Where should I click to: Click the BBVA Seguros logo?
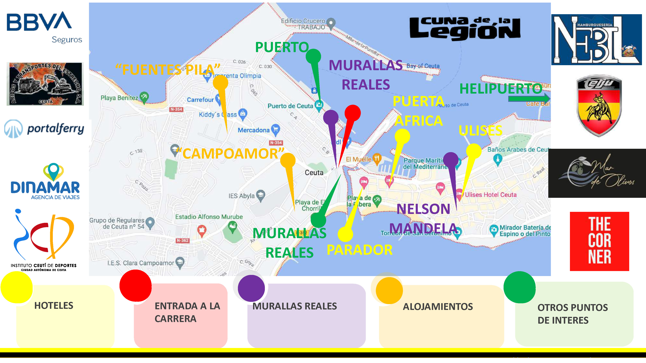44,27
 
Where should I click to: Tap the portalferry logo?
44,129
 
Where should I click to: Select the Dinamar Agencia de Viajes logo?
45,181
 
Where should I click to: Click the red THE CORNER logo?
599,241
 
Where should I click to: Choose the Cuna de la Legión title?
465,28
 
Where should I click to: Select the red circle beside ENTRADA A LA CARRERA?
135,286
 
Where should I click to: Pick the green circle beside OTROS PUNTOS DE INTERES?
519,287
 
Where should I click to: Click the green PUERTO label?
282,47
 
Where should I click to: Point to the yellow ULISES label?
480,131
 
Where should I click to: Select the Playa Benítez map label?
119,98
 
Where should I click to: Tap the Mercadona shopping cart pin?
276,129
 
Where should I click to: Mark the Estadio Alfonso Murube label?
209,217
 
